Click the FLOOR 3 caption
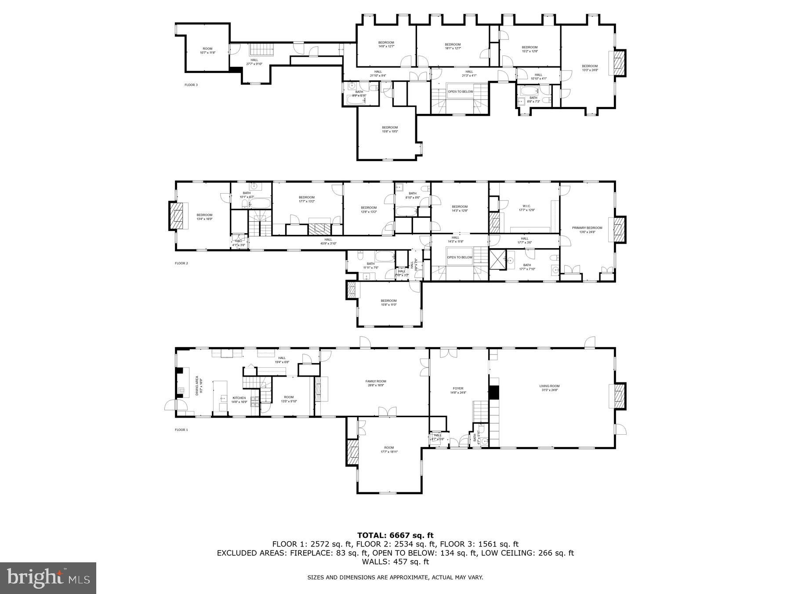(191, 84)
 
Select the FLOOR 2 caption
(181, 263)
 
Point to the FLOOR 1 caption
(181, 429)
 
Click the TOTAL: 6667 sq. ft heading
(395, 535)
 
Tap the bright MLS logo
(48, 578)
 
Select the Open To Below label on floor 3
(460, 92)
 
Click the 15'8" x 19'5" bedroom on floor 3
(389, 129)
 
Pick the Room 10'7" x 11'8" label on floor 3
(207, 51)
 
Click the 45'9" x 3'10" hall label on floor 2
(328, 241)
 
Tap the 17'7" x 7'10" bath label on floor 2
(527, 267)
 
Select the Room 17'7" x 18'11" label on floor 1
(389, 449)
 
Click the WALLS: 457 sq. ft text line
(395, 562)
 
